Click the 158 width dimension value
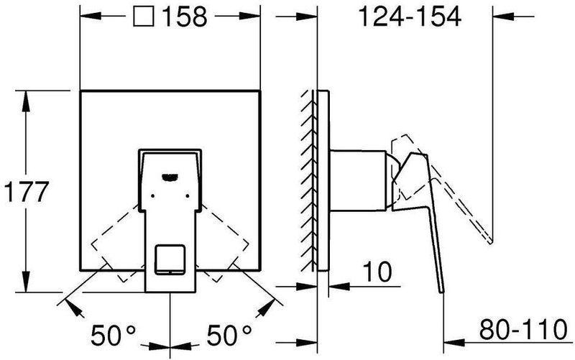[185, 17]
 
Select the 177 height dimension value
[27, 192]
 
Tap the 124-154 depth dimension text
[410, 17]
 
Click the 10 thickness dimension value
[377, 272]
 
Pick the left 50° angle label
[113, 336]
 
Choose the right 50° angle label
[229, 336]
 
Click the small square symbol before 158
[143, 17]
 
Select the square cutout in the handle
[170, 259]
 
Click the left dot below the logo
[152, 196]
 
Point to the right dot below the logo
[188, 196]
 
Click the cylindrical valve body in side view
[358, 181]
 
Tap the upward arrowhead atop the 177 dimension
[26, 101]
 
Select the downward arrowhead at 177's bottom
[26, 282]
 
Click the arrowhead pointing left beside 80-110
[455, 343]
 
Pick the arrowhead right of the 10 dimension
[339, 286]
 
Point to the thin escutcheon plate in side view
[323, 180]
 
